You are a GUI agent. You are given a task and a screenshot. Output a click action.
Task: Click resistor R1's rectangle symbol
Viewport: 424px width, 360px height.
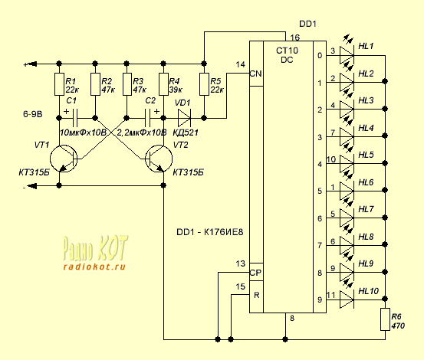point(59,84)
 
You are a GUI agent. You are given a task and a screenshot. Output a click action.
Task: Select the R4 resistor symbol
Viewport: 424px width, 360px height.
point(163,84)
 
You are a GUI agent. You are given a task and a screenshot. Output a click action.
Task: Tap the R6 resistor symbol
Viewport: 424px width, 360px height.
point(385,319)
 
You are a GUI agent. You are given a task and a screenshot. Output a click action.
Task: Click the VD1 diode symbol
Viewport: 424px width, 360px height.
point(185,118)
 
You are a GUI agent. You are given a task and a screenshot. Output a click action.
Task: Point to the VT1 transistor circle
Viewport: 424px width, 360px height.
point(64,159)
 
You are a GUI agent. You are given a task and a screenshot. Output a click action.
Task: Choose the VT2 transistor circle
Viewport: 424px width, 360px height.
point(159,159)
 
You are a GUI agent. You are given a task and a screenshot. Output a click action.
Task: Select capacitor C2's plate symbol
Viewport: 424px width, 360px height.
point(148,118)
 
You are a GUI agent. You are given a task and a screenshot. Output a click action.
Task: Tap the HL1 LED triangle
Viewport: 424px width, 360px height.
point(347,56)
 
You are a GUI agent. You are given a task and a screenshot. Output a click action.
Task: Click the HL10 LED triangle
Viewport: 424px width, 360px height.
point(347,299)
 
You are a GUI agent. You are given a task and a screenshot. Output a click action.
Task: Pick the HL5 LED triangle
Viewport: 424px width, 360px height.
point(347,164)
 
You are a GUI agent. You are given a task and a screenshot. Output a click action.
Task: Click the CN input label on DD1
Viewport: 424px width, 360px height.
point(255,74)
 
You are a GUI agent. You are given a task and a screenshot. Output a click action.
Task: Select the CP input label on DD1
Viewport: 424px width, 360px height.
point(255,273)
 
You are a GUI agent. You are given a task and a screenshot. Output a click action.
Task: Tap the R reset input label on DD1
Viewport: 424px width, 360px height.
point(257,295)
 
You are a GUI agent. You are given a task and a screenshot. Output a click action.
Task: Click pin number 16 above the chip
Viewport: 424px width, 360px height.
point(294,38)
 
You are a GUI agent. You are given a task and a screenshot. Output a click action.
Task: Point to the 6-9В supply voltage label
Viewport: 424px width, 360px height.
point(33,114)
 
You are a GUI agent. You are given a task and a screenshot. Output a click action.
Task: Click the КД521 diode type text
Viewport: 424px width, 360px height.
point(186,133)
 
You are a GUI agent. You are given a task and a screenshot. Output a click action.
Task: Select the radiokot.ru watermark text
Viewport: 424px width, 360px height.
point(94,267)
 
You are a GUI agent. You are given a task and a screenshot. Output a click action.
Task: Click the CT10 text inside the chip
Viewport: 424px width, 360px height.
point(287,51)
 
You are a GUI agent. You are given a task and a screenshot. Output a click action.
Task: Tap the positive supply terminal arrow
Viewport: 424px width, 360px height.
point(32,64)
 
